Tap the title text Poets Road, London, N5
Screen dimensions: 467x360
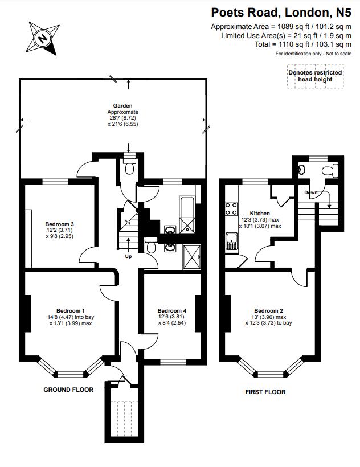pos(281,12)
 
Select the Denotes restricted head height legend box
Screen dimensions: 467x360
pos(315,76)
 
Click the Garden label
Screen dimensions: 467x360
pos(122,106)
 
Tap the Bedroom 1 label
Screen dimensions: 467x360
pos(71,310)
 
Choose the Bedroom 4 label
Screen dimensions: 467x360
pos(171,310)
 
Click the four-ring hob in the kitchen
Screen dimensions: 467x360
pos(232,209)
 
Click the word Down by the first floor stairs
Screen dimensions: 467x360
pos(310,192)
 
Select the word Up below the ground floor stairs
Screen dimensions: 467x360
pos(129,256)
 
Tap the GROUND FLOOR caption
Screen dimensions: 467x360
pos(68,390)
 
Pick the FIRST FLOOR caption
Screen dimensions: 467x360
pos(265,392)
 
